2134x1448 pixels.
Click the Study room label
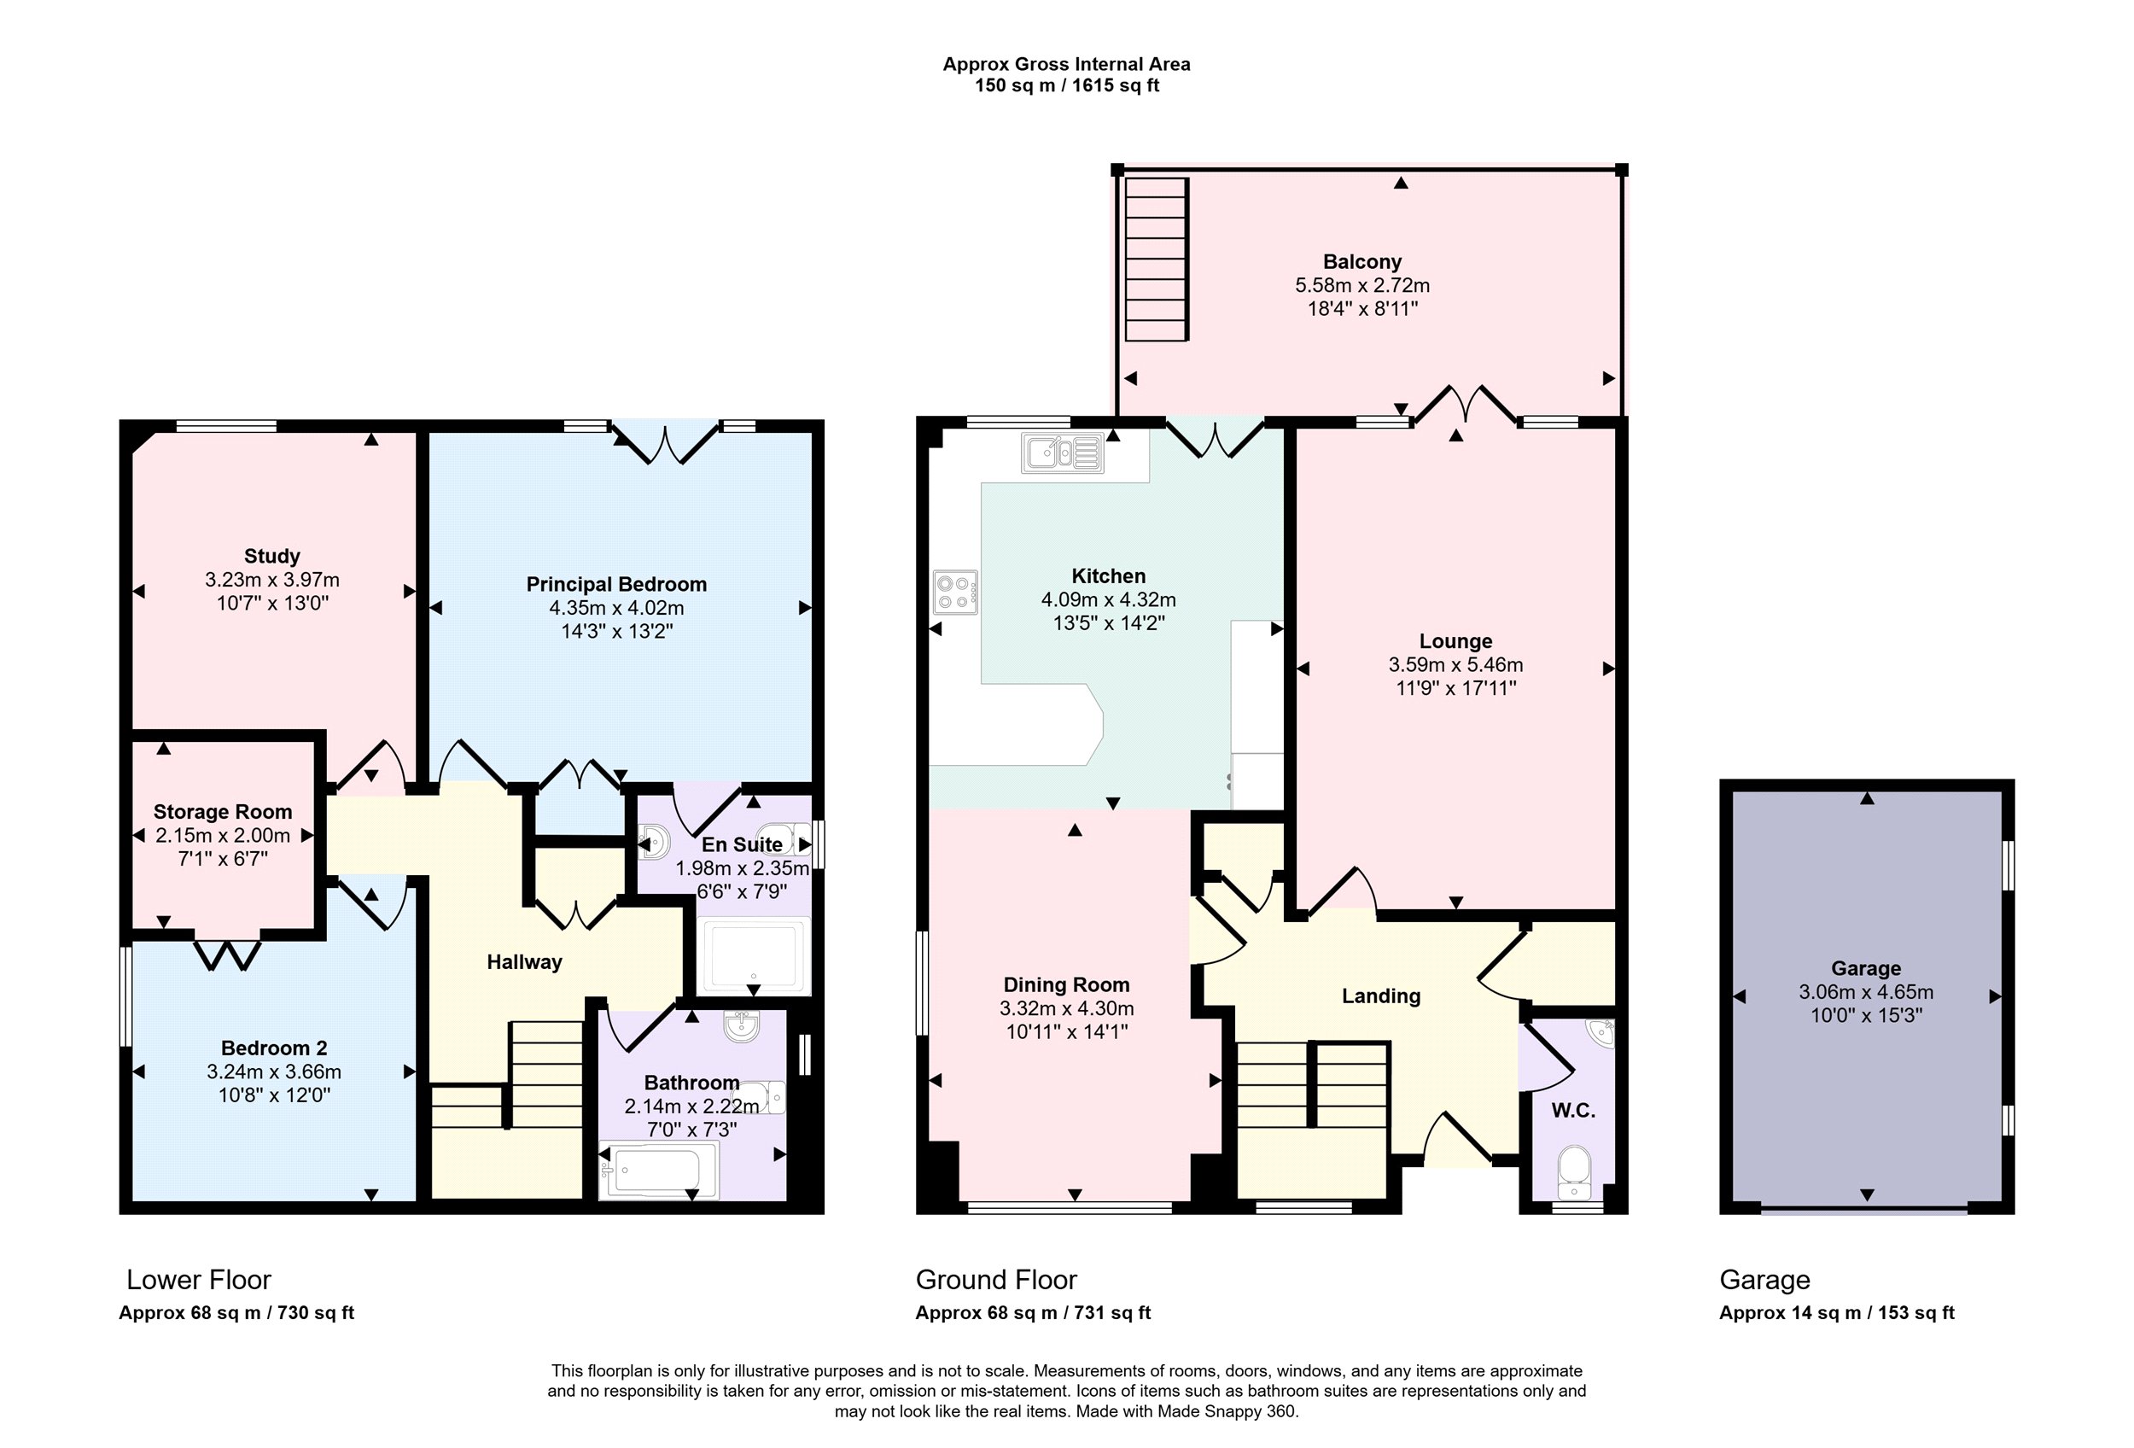(271, 557)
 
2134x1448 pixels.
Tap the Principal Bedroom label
(616, 585)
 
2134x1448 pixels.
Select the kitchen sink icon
(1063, 452)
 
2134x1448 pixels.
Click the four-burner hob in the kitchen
(955, 593)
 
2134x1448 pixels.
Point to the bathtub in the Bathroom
(658, 1171)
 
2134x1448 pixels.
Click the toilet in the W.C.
(1576, 1172)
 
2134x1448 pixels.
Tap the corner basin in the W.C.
(1601, 1032)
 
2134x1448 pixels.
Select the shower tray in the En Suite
(753, 956)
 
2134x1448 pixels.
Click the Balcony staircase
(1157, 260)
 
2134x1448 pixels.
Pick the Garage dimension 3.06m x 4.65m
(1866, 991)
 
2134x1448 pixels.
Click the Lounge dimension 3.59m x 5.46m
(1455, 665)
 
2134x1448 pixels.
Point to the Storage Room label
(222, 812)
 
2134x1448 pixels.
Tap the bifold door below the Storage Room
(227, 953)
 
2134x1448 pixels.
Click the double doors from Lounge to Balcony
(1465, 406)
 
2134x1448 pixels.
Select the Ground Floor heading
(996, 1280)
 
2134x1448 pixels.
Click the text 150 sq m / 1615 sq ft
(1067, 85)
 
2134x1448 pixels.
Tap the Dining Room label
(1066, 985)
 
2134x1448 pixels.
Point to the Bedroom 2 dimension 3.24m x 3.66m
(274, 1071)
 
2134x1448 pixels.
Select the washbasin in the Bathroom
(741, 1026)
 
